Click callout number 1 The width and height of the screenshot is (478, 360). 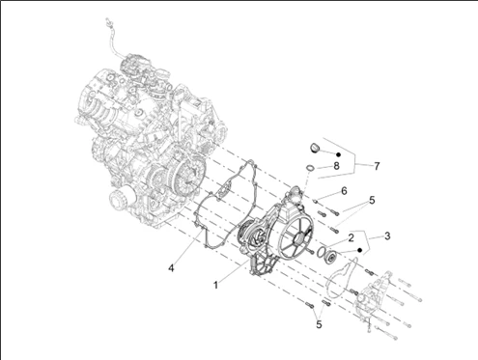(x=216, y=285)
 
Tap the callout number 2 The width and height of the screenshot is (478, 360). (x=351, y=237)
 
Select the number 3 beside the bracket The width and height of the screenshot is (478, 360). (x=387, y=235)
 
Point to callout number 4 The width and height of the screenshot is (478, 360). (x=171, y=267)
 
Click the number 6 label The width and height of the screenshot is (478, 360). (x=344, y=191)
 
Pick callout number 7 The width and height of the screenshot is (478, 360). (x=377, y=166)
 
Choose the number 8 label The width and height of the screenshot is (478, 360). (x=336, y=166)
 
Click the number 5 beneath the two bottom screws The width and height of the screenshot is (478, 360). (x=319, y=324)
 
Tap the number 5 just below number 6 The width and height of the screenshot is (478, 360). (x=372, y=200)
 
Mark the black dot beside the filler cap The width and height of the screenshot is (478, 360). (x=338, y=154)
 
